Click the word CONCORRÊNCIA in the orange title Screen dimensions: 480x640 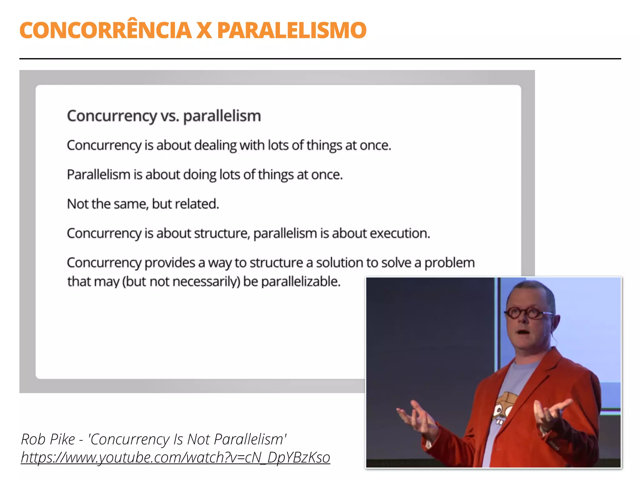tap(105, 30)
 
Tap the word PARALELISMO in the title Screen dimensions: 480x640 tap(292, 30)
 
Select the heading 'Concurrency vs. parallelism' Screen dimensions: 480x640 tap(164, 116)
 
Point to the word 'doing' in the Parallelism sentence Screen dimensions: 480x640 tap(199, 175)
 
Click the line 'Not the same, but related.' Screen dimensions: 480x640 tap(143, 204)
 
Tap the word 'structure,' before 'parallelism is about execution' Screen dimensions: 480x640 tap(222, 233)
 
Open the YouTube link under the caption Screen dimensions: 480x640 tap(175, 457)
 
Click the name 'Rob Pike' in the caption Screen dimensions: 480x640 tap(48, 439)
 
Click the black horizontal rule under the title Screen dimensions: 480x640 tap(320, 58)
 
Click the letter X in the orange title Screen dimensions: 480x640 tap(204, 30)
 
